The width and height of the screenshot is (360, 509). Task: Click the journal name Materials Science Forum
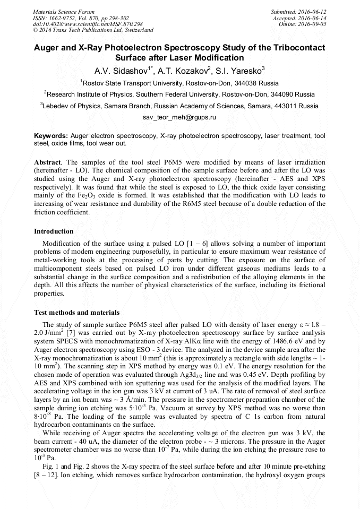pyautogui.click(x=64, y=11)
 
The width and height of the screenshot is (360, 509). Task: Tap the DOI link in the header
pyautogui.click(x=88, y=24)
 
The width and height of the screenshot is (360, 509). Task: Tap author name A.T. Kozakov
pyautogui.click(x=184, y=70)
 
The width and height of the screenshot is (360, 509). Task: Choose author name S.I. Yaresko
pyautogui.click(x=242, y=70)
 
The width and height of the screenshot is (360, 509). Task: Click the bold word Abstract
pyautogui.click(x=48, y=161)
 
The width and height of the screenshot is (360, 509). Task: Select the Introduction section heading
pyautogui.click(x=54, y=231)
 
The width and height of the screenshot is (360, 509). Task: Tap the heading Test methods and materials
pyautogui.click(x=76, y=312)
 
